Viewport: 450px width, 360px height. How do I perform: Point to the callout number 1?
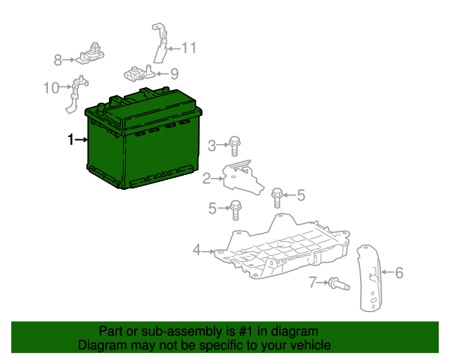70,141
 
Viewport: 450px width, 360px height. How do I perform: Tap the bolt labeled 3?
235,146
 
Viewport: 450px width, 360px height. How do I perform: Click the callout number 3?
212,146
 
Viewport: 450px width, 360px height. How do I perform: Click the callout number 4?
198,250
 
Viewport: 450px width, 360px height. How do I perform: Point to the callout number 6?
399,273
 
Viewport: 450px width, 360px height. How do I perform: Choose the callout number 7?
313,283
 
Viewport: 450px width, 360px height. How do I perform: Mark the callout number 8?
58,60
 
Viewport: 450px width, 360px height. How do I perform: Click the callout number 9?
174,73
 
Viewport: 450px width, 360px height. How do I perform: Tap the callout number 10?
51,88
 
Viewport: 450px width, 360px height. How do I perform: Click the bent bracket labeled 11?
159,45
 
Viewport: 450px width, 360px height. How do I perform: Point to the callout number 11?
188,49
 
